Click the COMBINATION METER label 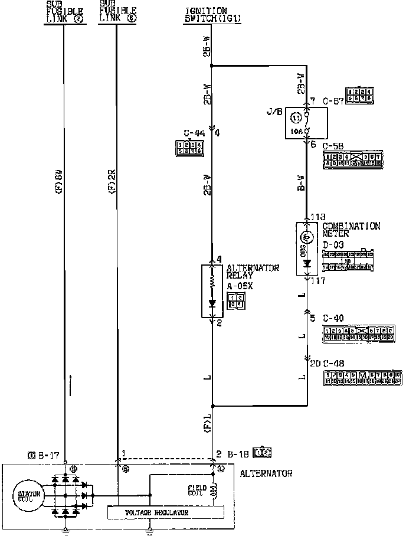[351, 229]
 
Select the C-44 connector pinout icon [189, 147]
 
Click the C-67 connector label [333, 102]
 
